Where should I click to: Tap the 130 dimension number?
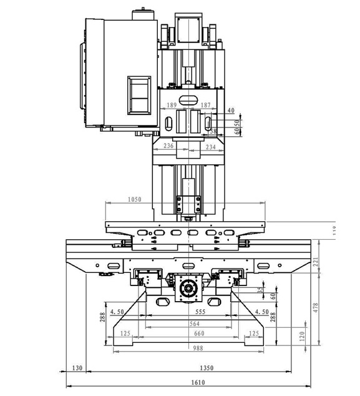pos(77,367)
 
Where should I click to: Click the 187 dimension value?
pos(206,105)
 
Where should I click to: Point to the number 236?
pos(168,146)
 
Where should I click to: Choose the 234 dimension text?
pos(210,146)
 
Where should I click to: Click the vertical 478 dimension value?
pos(316,307)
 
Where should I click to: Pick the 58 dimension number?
pos(213,131)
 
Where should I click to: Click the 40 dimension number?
pos(231,110)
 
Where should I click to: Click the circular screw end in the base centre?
pos(188,289)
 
